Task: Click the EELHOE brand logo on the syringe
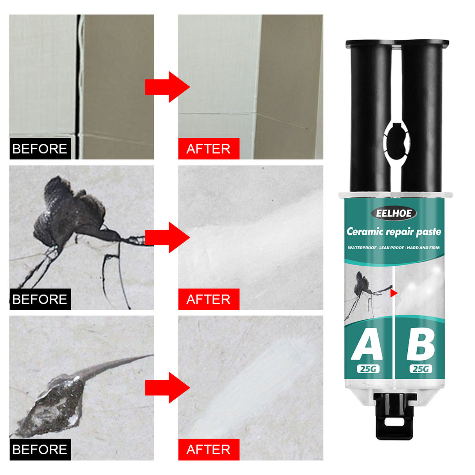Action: (394, 213)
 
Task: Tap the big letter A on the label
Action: (367, 345)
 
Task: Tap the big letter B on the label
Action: (421, 345)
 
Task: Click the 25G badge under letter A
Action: (368, 369)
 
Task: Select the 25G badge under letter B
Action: (421, 369)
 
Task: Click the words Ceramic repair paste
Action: (394, 232)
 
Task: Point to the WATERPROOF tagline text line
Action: (394, 248)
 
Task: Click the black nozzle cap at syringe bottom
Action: (394, 417)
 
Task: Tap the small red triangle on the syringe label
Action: (394, 293)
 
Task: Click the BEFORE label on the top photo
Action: (40, 149)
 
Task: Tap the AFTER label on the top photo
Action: (209, 149)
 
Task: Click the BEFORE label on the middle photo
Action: (40, 299)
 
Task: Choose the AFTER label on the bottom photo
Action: (209, 450)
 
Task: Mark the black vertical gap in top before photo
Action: (78, 78)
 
